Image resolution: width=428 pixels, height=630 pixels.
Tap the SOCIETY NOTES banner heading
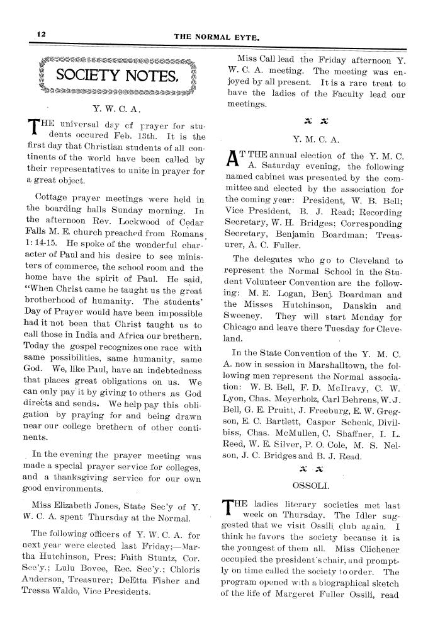click(x=116, y=77)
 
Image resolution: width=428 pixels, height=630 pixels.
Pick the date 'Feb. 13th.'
click(x=144, y=136)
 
